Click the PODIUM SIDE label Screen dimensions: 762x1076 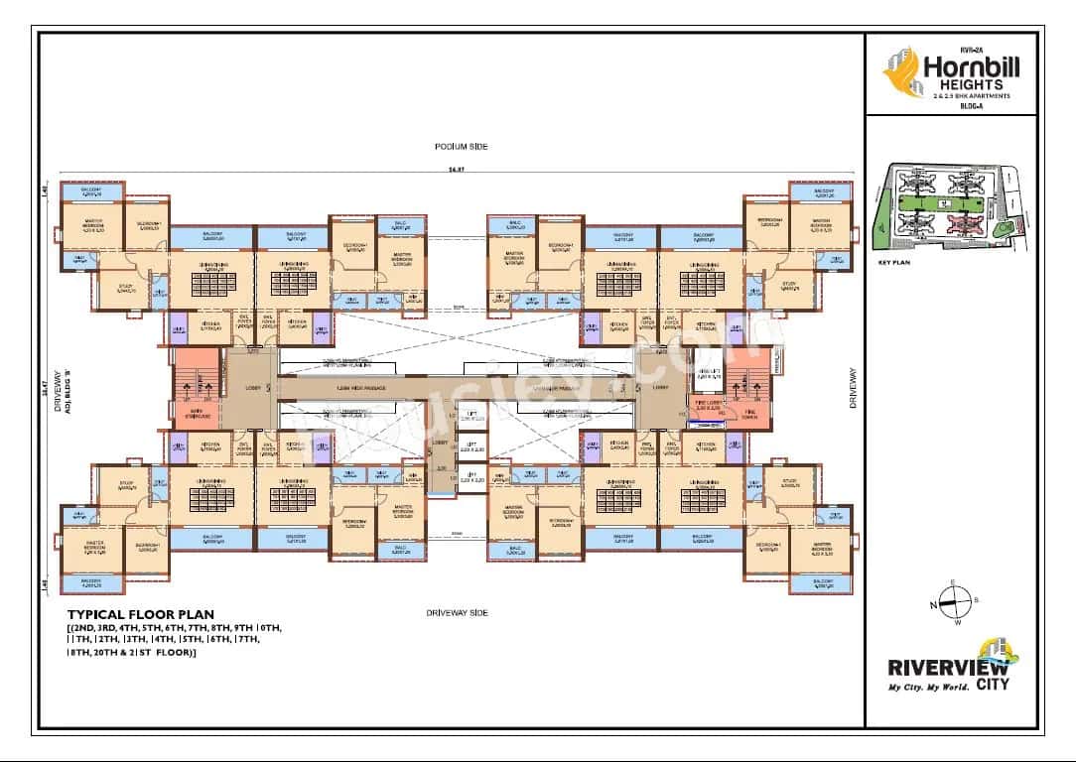click(460, 147)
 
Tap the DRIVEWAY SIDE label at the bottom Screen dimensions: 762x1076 click(457, 613)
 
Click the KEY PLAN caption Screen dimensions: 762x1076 click(894, 265)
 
